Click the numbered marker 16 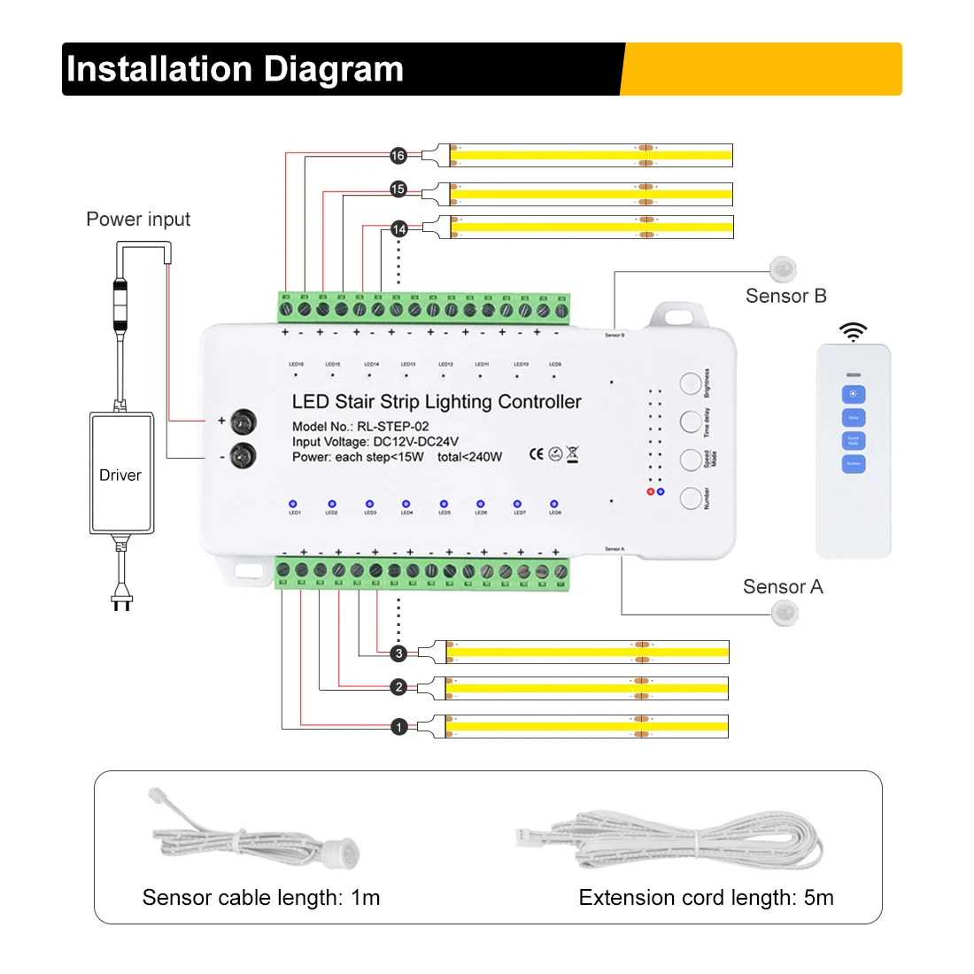click(398, 156)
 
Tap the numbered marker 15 click(398, 189)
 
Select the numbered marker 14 click(398, 229)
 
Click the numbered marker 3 click(398, 653)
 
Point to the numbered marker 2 click(398, 687)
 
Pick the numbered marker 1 click(398, 727)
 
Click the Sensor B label click(785, 296)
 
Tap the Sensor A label click(783, 587)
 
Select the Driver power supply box click(121, 474)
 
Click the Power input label click(138, 220)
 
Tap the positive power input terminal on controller click(243, 421)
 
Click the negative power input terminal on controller click(243, 456)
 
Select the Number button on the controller click(691, 498)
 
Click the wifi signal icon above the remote click(853, 332)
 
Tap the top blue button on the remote click(853, 394)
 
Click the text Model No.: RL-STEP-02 click(360, 426)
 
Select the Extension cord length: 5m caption click(706, 898)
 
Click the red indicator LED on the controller click(651, 491)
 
